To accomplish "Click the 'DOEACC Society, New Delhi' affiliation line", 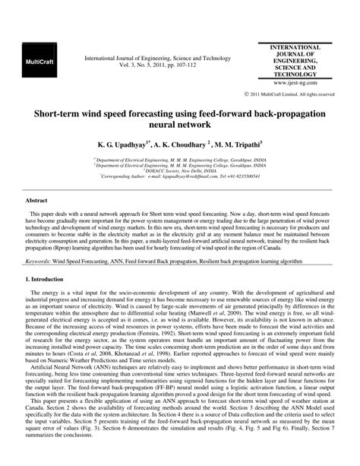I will point(180,170).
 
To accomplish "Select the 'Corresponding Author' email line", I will point(180,176).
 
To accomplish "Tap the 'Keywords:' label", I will point(40,260).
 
